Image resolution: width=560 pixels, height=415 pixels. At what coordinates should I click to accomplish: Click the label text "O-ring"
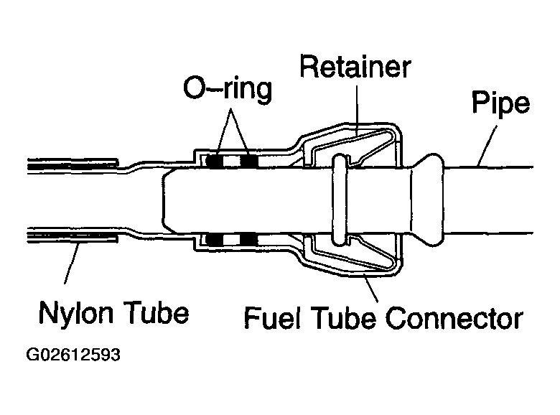tap(227, 90)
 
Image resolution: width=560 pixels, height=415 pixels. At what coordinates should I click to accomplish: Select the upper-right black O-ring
tap(248, 162)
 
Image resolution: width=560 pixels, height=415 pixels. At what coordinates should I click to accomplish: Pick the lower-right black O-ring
tap(248, 239)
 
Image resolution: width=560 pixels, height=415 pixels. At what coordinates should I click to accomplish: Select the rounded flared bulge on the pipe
tap(431, 201)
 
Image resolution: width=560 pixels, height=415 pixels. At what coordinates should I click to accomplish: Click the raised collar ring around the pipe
tap(340, 201)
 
